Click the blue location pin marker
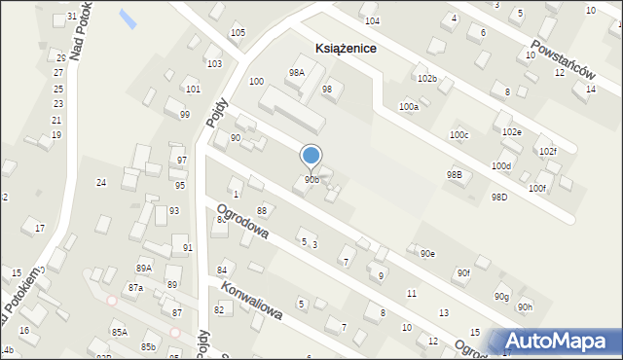click(311, 156)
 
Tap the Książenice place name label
click(347, 48)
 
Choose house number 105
click(238, 33)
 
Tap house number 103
click(213, 63)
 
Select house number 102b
click(426, 78)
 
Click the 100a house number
click(409, 107)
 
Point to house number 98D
click(499, 198)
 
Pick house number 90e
click(427, 254)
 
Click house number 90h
click(526, 307)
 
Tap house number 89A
click(144, 269)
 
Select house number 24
click(100, 183)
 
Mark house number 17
click(39, 229)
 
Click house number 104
click(371, 20)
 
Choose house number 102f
click(547, 152)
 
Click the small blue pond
click(128, 18)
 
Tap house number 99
click(184, 115)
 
